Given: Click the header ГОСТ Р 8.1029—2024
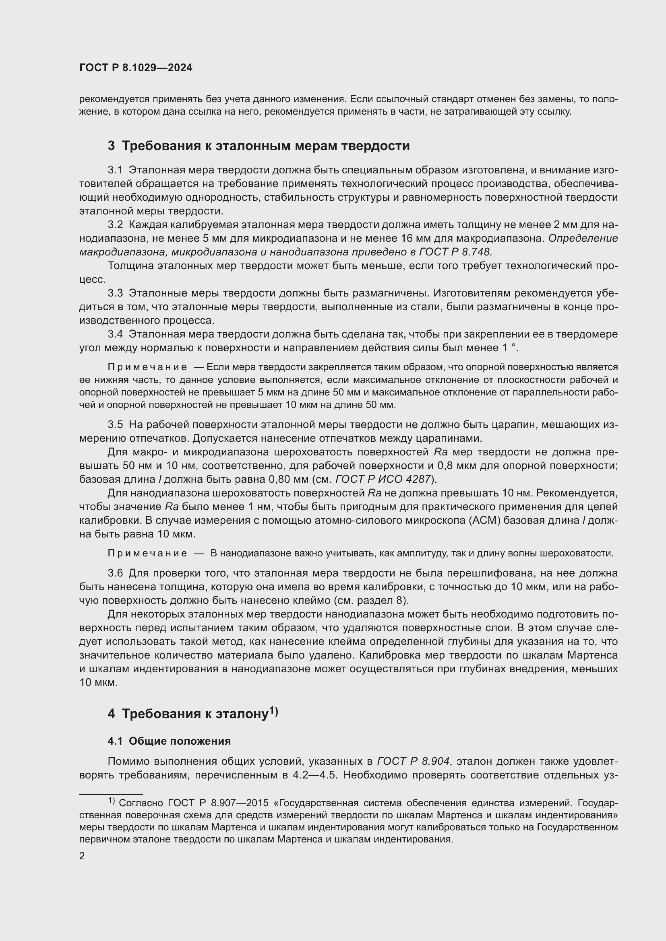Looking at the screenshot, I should (136, 68).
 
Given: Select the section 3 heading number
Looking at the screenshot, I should (111, 146).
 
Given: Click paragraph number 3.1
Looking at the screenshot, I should (115, 170).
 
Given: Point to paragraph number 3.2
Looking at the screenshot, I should (115, 224).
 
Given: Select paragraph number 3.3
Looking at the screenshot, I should (115, 293).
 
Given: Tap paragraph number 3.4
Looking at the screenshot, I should (115, 334).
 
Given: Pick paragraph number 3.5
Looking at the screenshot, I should (115, 424).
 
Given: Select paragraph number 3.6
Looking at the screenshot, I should (115, 573).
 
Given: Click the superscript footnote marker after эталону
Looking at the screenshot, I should (273, 711).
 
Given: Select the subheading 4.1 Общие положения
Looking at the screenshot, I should (169, 741).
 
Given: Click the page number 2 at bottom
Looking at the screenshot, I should (82, 856).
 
